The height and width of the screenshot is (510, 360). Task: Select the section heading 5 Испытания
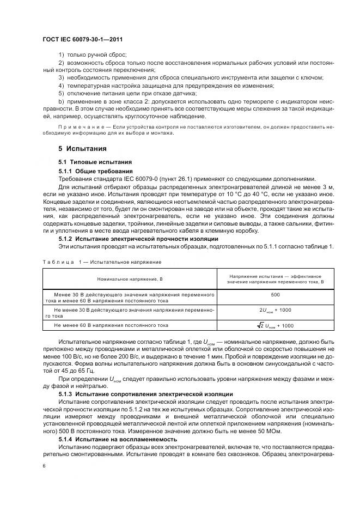82,149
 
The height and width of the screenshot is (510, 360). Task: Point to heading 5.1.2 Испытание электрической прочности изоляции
138,239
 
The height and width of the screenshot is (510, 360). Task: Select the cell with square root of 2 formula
276,325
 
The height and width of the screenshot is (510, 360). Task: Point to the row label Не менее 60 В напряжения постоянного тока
111,325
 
